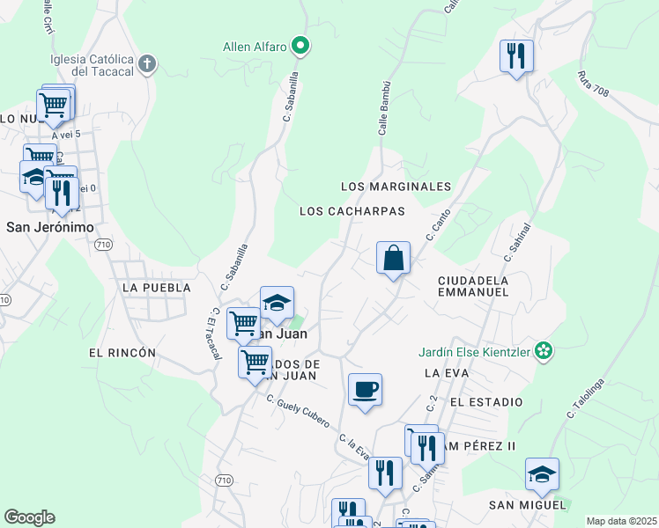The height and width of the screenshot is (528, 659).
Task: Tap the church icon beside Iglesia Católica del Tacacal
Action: pos(147,64)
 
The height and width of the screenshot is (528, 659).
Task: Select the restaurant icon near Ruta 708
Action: pos(515,57)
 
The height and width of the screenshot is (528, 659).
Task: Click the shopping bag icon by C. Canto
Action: pos(394,259)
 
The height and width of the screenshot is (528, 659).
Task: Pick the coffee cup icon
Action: pos(365,389)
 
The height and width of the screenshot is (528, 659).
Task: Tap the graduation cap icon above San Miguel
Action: pos(541,475)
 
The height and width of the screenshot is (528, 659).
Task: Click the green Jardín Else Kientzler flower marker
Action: pos(544,351)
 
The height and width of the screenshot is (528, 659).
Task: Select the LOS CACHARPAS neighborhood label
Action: pos(352,211)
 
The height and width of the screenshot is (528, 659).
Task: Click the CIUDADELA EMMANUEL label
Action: pos(473,285)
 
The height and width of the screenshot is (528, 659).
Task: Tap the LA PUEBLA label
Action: pos(157,288)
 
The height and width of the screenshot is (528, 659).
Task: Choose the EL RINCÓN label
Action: pos(122,352)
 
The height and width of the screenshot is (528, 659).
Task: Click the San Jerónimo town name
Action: pos(50,226)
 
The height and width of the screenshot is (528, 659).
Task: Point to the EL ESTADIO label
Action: pos(485,401)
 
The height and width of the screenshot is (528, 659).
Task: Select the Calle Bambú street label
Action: pos(384,114)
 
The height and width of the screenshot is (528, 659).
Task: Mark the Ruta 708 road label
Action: pos(595,84)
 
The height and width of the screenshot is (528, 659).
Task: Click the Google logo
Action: pos(29,517)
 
